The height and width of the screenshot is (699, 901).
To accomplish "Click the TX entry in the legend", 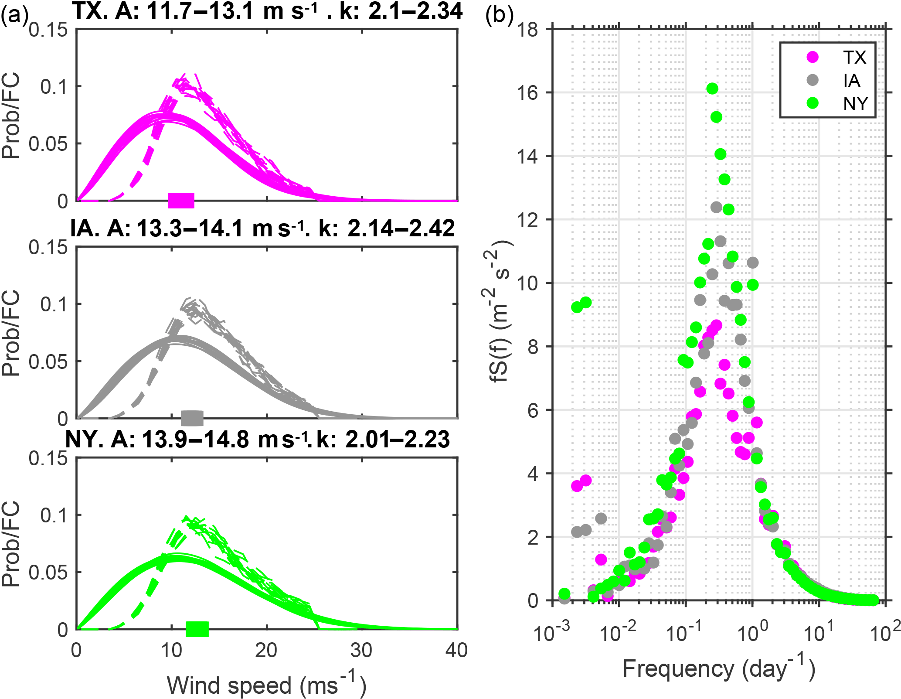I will [x=854, y=58].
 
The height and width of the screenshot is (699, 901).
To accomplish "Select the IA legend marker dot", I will [x=813, y=80].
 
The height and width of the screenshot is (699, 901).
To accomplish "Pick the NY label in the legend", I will [x=855, y=103].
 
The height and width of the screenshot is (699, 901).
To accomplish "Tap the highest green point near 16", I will [x=712, y=89].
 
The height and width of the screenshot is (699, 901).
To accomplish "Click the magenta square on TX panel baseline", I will [x=181, y=200].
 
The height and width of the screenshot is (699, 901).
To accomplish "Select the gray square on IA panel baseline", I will [x=192, y=418].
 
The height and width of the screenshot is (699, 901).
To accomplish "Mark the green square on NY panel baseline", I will [x=197, y=629].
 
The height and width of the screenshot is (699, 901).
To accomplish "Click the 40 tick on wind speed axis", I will [x=456, y=651].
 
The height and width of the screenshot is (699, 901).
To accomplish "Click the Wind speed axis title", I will [x=266, y=685].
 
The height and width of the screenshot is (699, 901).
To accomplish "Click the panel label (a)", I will [x=14, y=16].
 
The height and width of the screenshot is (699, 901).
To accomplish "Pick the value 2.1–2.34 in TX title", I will [x=415, y=11].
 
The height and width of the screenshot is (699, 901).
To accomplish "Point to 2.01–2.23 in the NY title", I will [x=397, y=439].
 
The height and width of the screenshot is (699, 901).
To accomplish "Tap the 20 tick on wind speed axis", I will [x=266, y=651].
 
